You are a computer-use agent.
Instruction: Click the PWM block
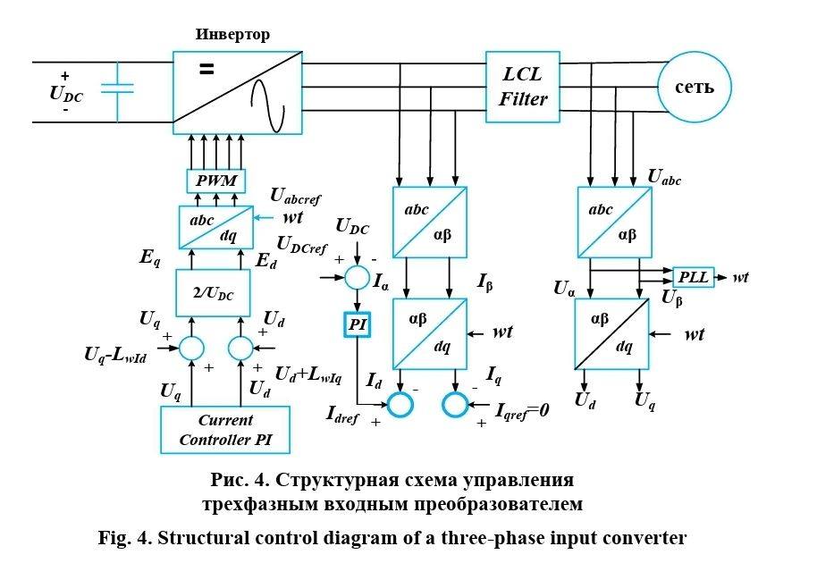214,181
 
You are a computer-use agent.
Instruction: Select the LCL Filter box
523,87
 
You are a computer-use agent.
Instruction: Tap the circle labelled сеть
694,87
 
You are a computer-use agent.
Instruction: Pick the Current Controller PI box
223,430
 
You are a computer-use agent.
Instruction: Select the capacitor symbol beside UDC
117,88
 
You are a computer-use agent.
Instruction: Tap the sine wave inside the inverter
268,101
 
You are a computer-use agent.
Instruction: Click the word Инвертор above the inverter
232,36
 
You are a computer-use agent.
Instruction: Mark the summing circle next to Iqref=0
455,405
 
